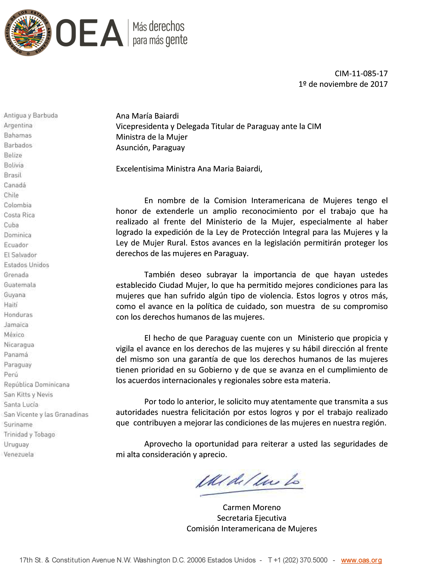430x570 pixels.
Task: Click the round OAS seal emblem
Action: [x=28, y=33]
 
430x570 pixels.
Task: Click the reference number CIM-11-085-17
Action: [x=361, y=74]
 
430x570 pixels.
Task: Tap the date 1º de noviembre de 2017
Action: [x=343, y=84]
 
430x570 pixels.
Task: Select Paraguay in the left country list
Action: [x=18, y=365]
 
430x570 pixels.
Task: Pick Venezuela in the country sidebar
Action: [x=19, y=454]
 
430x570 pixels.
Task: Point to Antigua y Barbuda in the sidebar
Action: [x=31, y=116]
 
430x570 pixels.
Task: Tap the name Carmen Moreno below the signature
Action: [x=251, y=507]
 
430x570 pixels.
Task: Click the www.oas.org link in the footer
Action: [x=361, y=560]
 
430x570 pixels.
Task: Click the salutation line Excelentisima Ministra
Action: [x=189, y=169]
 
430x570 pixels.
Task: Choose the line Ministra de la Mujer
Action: [x=152, y=137]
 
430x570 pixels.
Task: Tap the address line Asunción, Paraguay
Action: [x=150, y=148]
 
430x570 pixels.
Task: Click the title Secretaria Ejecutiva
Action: [x=251, y=518]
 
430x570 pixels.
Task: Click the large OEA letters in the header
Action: [x=89, y=33]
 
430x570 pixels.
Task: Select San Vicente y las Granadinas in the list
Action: [x=46, y=414]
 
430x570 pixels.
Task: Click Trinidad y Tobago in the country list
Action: [x=29, y=434]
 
